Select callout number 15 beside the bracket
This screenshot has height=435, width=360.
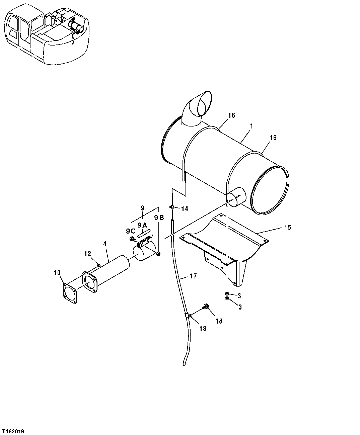(x=287, y=228)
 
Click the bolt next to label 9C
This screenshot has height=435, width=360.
(x=132, y=239)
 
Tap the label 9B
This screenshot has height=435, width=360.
(x=159, y=218)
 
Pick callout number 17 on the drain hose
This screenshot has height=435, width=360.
(x=193, y=276)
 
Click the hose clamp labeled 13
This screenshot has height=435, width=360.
(x=188, y=316)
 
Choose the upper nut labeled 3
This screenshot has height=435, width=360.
(x=227, y=294)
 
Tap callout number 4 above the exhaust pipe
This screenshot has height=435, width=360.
(x=105, y=244)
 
